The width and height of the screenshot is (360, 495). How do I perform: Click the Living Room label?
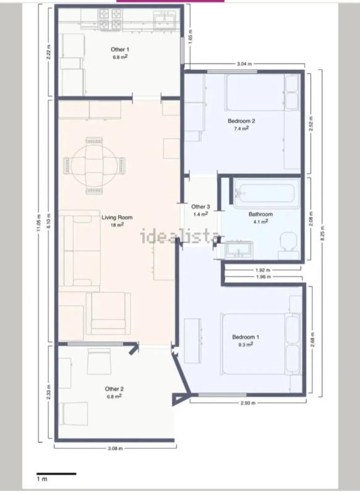(x=117, y=217)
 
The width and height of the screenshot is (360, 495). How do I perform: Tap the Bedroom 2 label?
(x=241, y=121)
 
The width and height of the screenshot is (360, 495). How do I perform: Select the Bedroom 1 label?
(x=246, y=337)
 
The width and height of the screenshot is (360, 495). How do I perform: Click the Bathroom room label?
(x=260, y=214)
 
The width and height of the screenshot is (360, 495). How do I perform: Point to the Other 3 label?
(x=200, y=207)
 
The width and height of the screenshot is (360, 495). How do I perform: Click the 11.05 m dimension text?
(x=39, y=223)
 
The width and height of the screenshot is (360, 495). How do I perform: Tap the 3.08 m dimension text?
(x=115, y=448)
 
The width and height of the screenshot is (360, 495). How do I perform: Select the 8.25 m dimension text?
(x=322, y=233)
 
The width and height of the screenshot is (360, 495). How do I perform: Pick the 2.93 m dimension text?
(x=248, y=403)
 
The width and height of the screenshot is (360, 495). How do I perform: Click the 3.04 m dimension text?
(x=244, y=64)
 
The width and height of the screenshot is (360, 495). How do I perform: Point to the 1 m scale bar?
(x=56, y=474)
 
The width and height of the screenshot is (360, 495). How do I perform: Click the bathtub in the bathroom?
(x=267, y=192)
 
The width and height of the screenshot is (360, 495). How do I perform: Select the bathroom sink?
(x=239, y=250)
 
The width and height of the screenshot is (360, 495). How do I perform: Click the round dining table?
(x=95, y=165)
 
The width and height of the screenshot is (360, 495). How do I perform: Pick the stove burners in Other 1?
(x=111, y=19)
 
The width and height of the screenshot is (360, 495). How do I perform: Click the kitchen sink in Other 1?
(x=165, y=20)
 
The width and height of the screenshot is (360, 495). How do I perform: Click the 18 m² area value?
(x=117, y=225)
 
